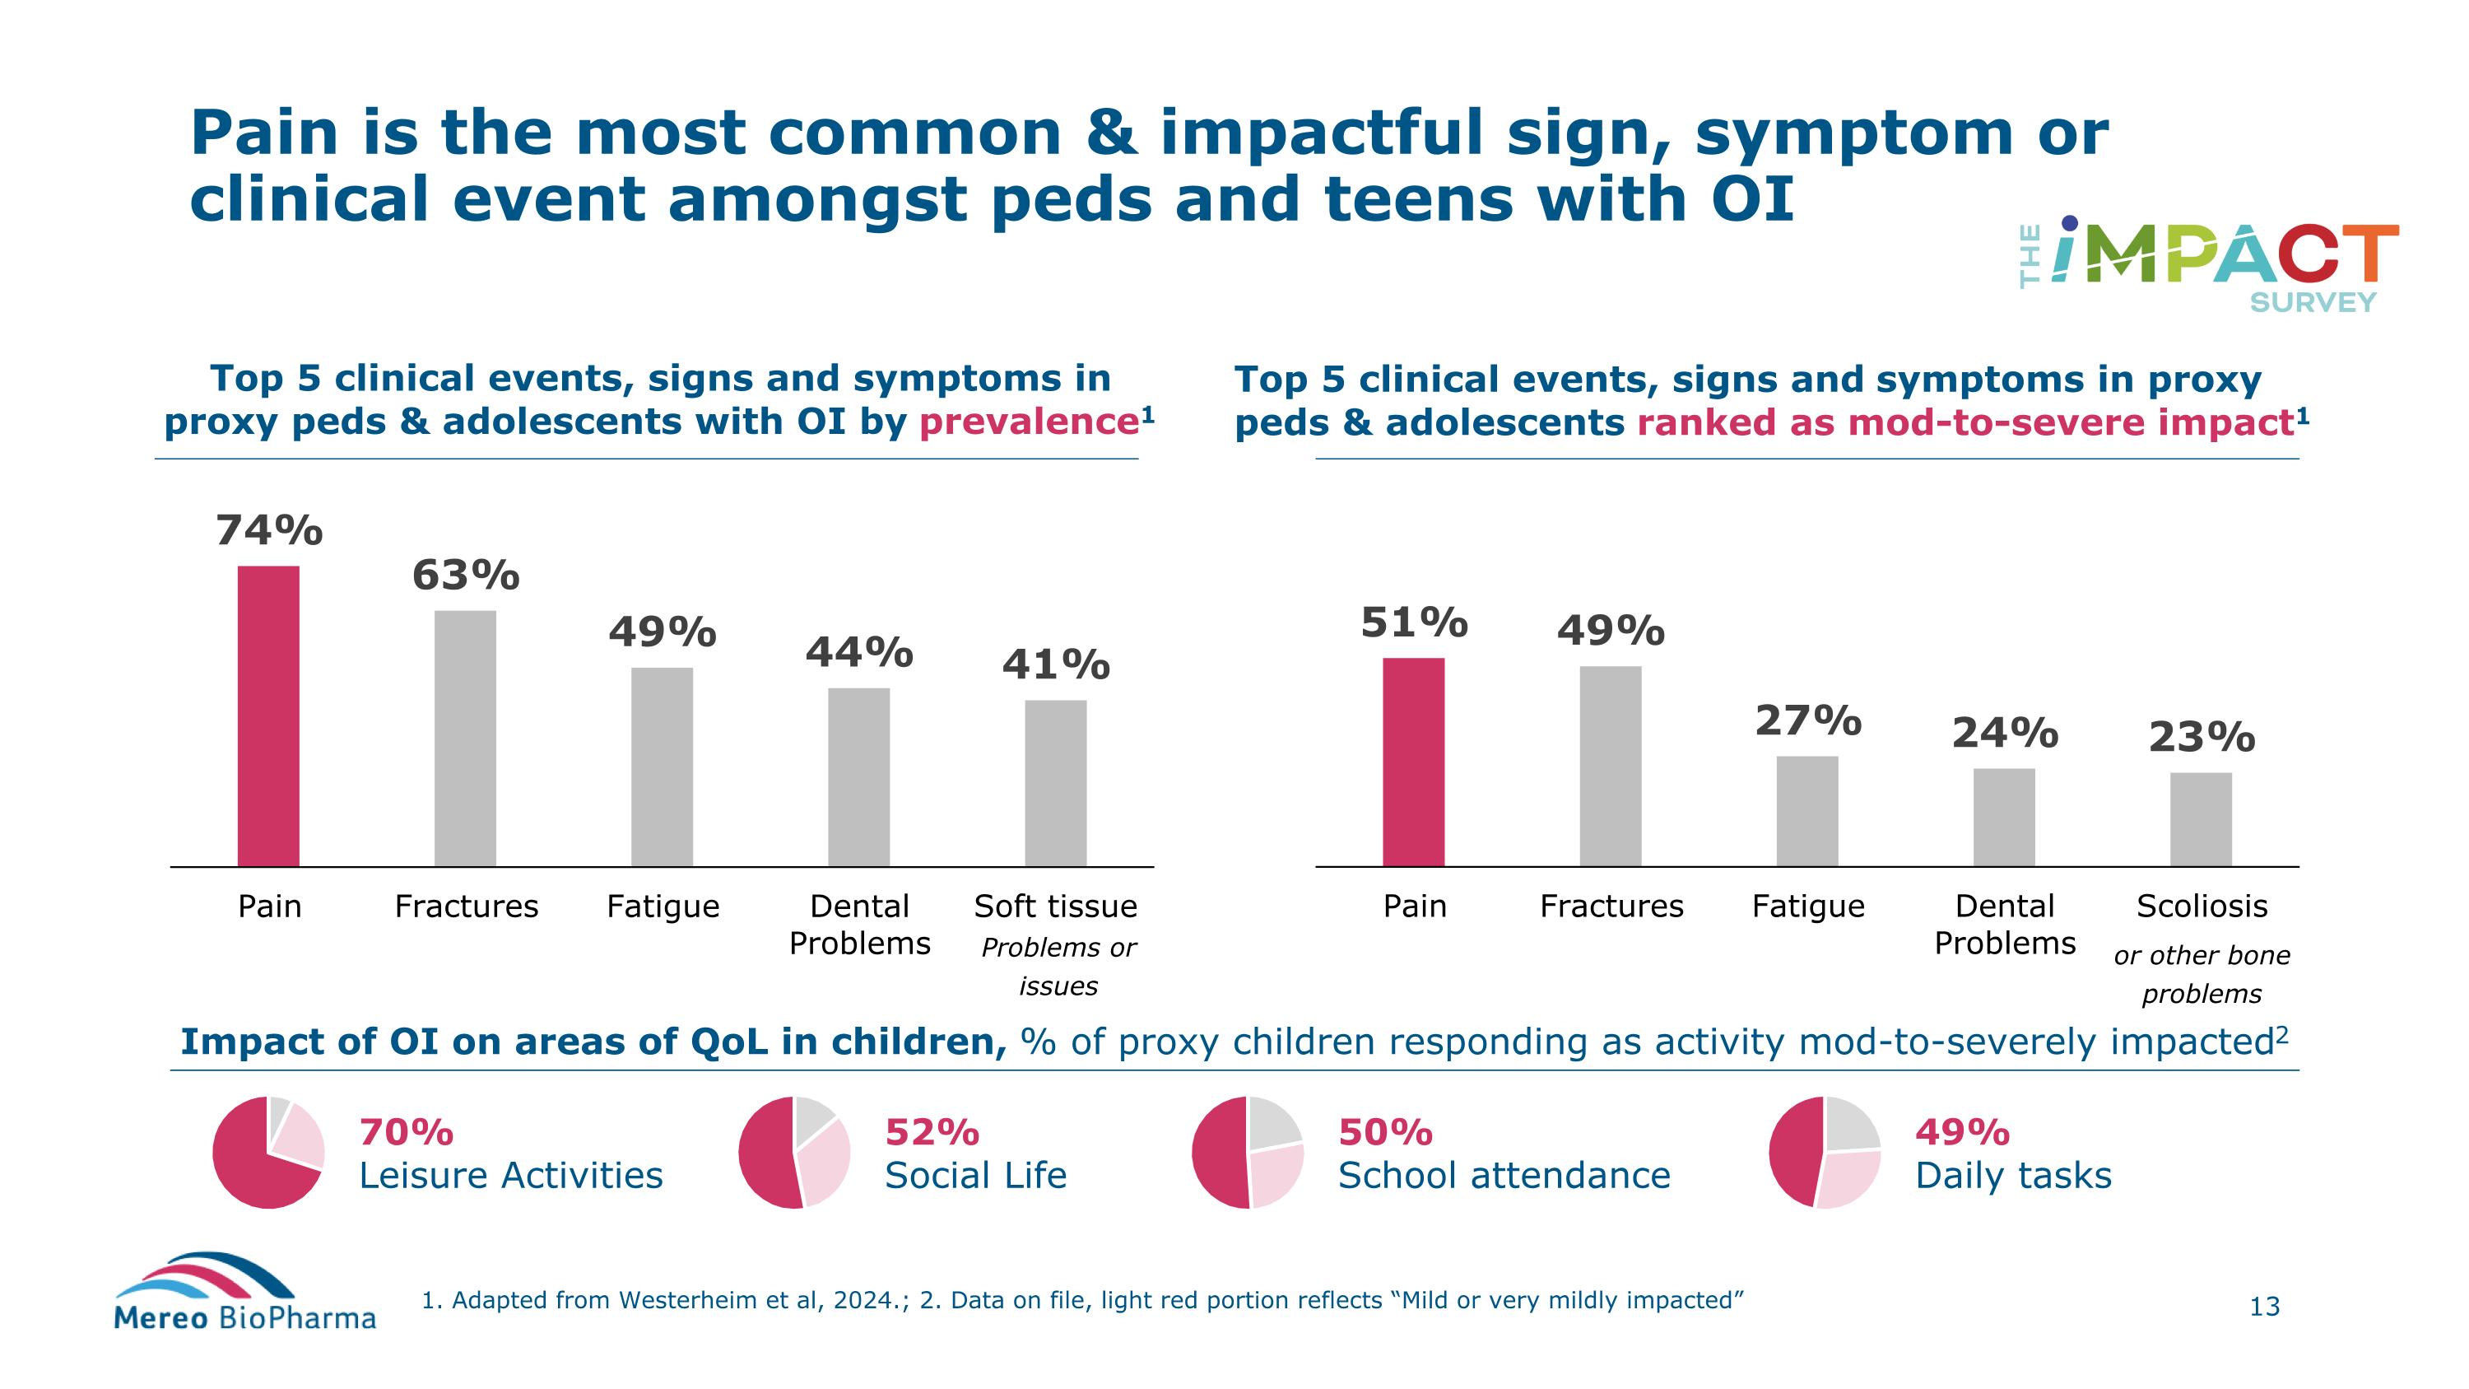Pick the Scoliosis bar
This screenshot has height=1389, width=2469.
(x=2201, y=818)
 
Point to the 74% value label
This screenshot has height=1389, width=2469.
(x=269, y=530)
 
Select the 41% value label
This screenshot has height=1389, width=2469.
(x=1055, y=664)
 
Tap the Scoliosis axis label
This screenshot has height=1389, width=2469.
(x=2202, y=906)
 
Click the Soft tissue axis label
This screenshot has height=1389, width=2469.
(x=1055, y=906)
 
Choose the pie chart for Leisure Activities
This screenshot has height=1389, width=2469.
(x=268, y=1151)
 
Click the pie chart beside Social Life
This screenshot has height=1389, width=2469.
(x=793, y=1151)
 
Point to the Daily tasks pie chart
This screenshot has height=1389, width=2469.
(x=1824, y=1151)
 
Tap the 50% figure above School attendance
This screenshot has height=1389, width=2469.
(x=1385, y=1132)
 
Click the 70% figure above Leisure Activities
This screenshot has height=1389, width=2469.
(x=407, y=1132)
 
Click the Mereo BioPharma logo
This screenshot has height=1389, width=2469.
(x=244, y=1292)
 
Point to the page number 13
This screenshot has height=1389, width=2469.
(x=2264, y=1307)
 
